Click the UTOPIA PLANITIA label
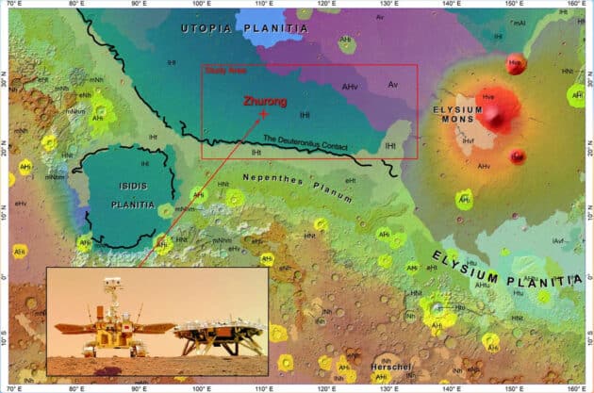point(244,30)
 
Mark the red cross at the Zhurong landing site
point(263,113)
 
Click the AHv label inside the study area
point(350,87)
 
